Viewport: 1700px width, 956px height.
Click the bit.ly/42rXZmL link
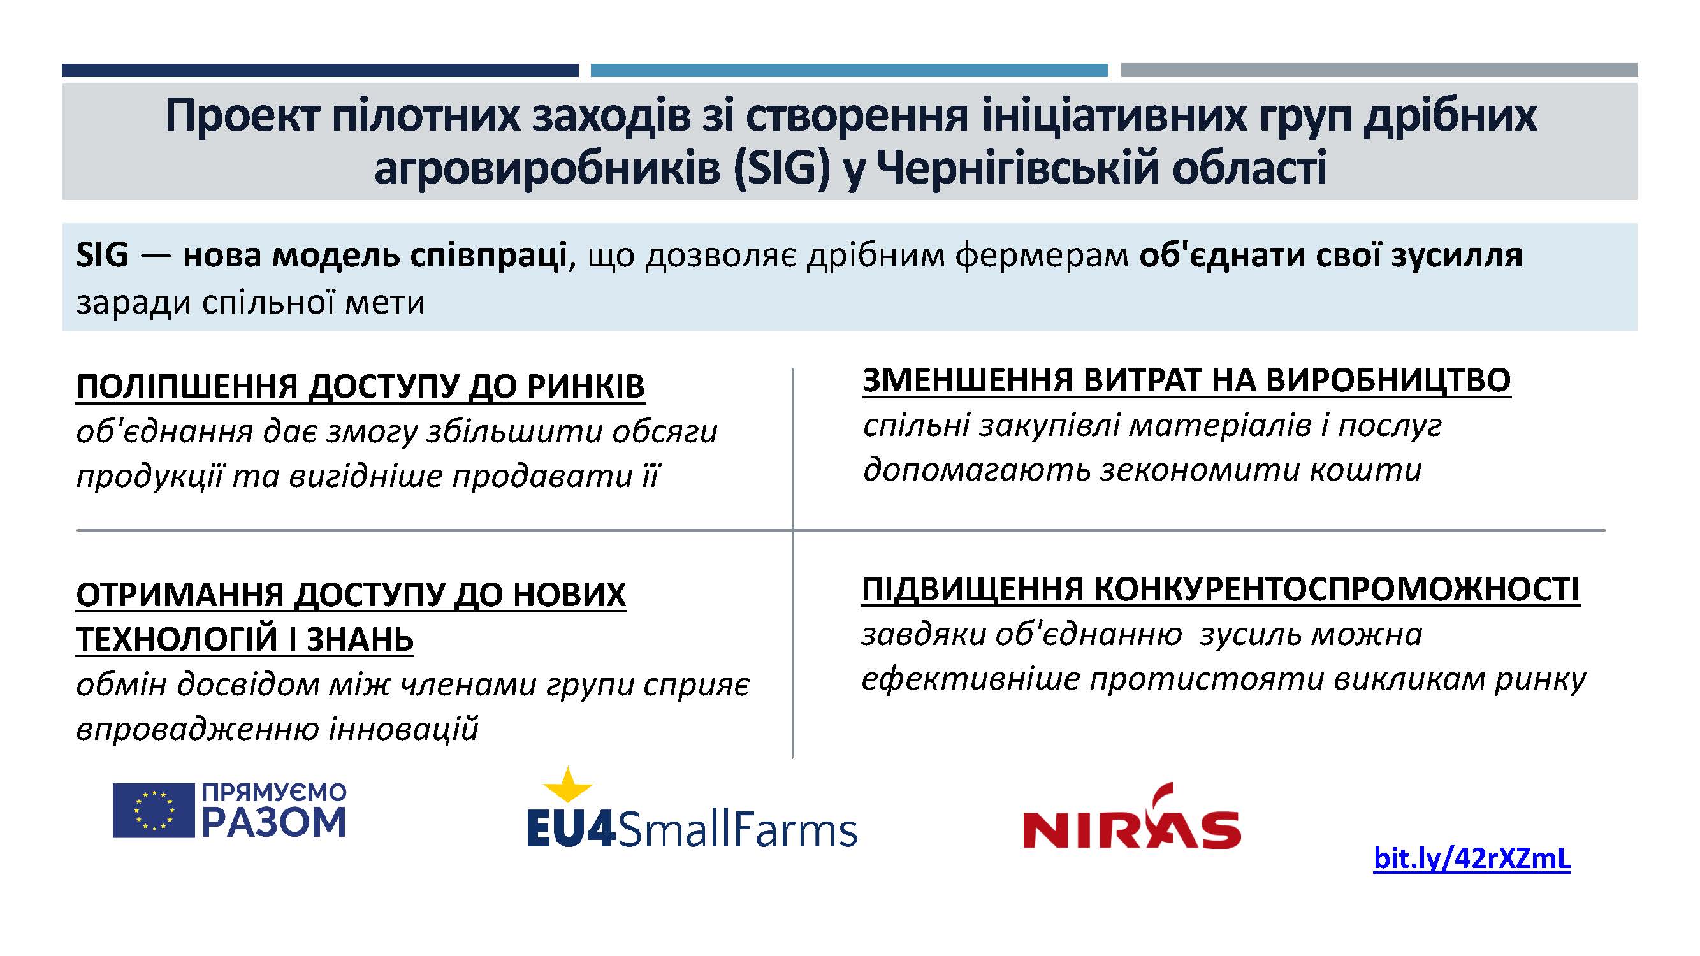pos(1471,858)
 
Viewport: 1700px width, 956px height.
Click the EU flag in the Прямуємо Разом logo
pos(153,810)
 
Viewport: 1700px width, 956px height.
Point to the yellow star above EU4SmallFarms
pos(567,785)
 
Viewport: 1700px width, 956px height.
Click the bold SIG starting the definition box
pos(101,255)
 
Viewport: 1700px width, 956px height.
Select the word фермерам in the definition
pos(1042,257)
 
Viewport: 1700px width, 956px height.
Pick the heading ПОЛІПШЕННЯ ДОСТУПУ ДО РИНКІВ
pos(360,387)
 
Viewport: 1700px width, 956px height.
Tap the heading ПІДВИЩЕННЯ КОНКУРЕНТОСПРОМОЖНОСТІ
pos(1221,590)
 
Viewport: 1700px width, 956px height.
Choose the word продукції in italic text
pos(149,476)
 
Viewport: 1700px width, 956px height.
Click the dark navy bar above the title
pos(320,70)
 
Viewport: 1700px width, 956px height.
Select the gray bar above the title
pos(1379,70)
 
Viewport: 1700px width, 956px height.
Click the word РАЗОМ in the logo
pos(274,822)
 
